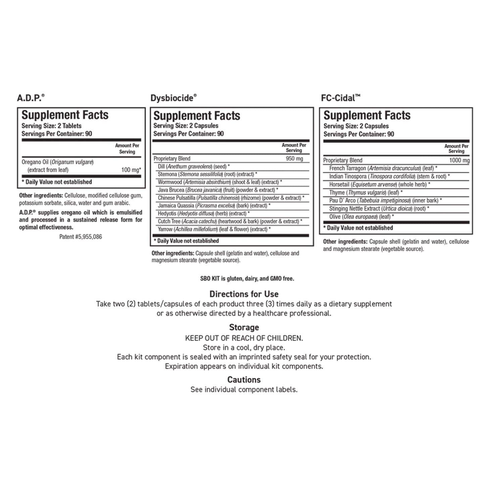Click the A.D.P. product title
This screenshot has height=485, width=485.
tap(31, 98)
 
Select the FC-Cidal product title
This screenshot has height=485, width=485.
tap(340, 98)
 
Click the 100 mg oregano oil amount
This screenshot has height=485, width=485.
tap(131, 170)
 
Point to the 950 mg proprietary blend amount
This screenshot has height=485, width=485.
tap(294, 158)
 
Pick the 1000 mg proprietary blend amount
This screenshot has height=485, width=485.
tap(459, 160)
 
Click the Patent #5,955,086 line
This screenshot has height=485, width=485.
tap(81, 237)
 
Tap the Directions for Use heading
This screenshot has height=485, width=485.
tap(244, 294)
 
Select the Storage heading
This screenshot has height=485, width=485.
tap(244, 327)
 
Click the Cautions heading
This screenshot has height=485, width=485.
tap(244, 380)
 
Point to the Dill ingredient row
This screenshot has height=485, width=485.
tap(194, 166)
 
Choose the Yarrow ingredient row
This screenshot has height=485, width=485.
tap(214, 229)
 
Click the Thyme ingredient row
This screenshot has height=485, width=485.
tap(366, 192)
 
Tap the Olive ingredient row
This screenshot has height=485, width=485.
tap(361, 217)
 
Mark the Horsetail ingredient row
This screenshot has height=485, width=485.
tap(379, 184)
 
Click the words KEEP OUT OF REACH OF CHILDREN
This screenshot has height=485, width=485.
tap(244, 338)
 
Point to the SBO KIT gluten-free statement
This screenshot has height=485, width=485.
tap(247, 279)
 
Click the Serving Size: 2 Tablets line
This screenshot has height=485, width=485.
tap(51, 126)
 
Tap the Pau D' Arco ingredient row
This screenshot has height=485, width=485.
tap(385, 200)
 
